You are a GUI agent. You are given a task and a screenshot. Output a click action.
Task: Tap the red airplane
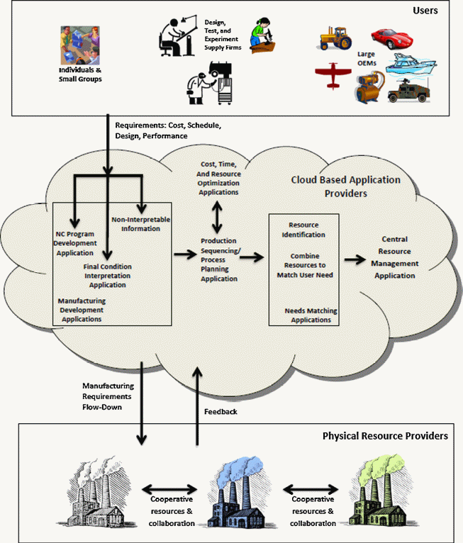332,76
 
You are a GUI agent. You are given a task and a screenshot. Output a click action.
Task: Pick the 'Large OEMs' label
367,58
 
